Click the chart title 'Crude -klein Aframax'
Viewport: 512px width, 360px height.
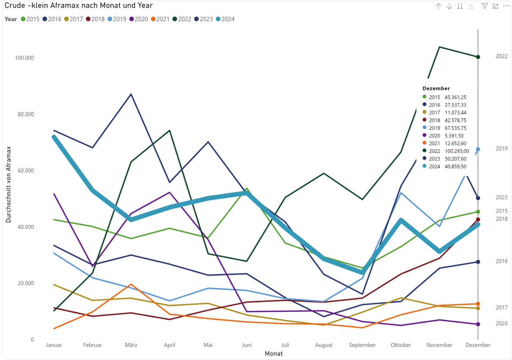coord(78,6)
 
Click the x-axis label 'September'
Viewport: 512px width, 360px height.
coord(362,345)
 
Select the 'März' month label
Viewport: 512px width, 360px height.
coord(131,345)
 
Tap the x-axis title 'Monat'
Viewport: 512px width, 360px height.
coord(273,353)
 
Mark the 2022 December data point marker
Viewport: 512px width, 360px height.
coord(478,57)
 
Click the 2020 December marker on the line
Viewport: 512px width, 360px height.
coord(478,324)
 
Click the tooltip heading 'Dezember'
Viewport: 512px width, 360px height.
coord(436,88)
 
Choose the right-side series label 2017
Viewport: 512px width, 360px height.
coord(502,308)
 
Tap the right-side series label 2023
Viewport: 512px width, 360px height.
coord(502,197)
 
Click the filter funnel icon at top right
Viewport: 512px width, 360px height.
coord(485,6)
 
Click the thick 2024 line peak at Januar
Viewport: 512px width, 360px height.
coord(54,137)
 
